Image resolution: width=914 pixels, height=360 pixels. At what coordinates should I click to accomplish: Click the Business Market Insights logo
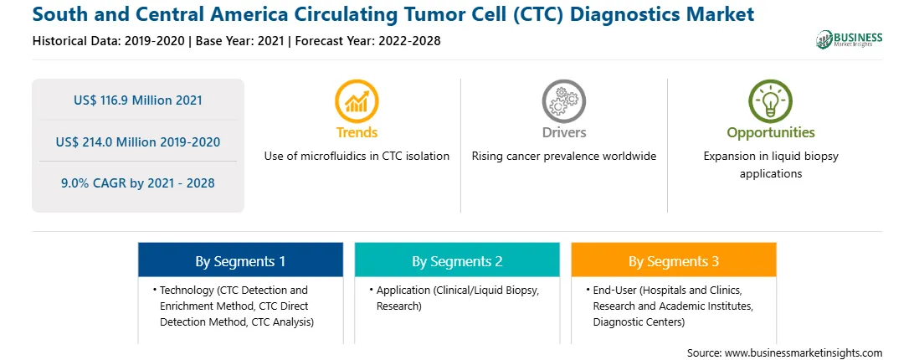pos(849,39)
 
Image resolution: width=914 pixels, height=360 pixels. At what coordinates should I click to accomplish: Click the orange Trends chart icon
pos(357,101)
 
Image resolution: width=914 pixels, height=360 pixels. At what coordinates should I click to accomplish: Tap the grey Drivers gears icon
pos(563,101)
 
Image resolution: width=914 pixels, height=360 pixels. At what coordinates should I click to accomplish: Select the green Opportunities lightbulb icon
pos(770,101)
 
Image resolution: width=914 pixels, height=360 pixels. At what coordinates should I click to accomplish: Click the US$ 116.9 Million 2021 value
pos(137,100)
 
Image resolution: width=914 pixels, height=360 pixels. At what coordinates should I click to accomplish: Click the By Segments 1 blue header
pos(240,261)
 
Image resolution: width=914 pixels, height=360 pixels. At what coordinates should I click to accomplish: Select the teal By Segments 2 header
pos(457,261)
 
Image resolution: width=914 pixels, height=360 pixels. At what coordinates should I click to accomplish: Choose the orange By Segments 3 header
pos(673,261)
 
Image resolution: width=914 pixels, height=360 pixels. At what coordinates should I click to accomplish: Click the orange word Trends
pos(357,132)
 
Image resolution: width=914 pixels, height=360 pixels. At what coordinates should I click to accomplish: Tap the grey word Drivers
pos(563,132)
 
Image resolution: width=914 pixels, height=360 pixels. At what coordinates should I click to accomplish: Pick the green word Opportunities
pos(771,132)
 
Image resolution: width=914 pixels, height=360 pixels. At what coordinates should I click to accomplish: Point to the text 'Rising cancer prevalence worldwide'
pos(563,156)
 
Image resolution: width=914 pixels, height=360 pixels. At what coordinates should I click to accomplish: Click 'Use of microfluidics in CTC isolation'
pos(357,156)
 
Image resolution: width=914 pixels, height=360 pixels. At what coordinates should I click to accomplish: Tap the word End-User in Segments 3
pos(613,290)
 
